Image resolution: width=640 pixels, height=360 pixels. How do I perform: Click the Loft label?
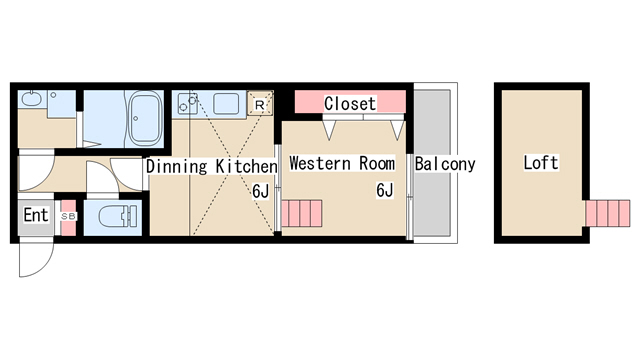541,163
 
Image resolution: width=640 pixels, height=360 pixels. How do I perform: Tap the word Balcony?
445,164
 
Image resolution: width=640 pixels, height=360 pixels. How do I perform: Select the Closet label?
350,104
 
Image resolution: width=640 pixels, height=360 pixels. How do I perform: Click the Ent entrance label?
36,215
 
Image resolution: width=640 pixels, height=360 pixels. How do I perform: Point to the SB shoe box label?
68,216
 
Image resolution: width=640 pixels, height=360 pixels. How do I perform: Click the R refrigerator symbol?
260,104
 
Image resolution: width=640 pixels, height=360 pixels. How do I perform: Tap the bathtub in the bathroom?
145,118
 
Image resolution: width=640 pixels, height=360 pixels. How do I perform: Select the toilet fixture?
118,216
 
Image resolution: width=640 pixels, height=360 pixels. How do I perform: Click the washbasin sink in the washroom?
29,99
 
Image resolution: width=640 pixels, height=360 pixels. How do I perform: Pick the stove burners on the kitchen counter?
188,103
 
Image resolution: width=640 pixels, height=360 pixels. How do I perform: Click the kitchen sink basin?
226,104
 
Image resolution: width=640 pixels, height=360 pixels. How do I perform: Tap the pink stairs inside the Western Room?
302,213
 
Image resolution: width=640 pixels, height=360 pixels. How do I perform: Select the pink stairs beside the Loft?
608,213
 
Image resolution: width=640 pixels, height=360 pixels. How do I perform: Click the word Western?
320,163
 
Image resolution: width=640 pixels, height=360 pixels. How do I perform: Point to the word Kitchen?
247,167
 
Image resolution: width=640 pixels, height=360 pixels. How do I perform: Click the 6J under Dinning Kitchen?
260,191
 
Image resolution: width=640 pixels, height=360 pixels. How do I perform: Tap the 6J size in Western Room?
384,190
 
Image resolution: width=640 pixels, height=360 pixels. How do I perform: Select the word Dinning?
177,167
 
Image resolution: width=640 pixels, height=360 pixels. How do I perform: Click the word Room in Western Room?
377,163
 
